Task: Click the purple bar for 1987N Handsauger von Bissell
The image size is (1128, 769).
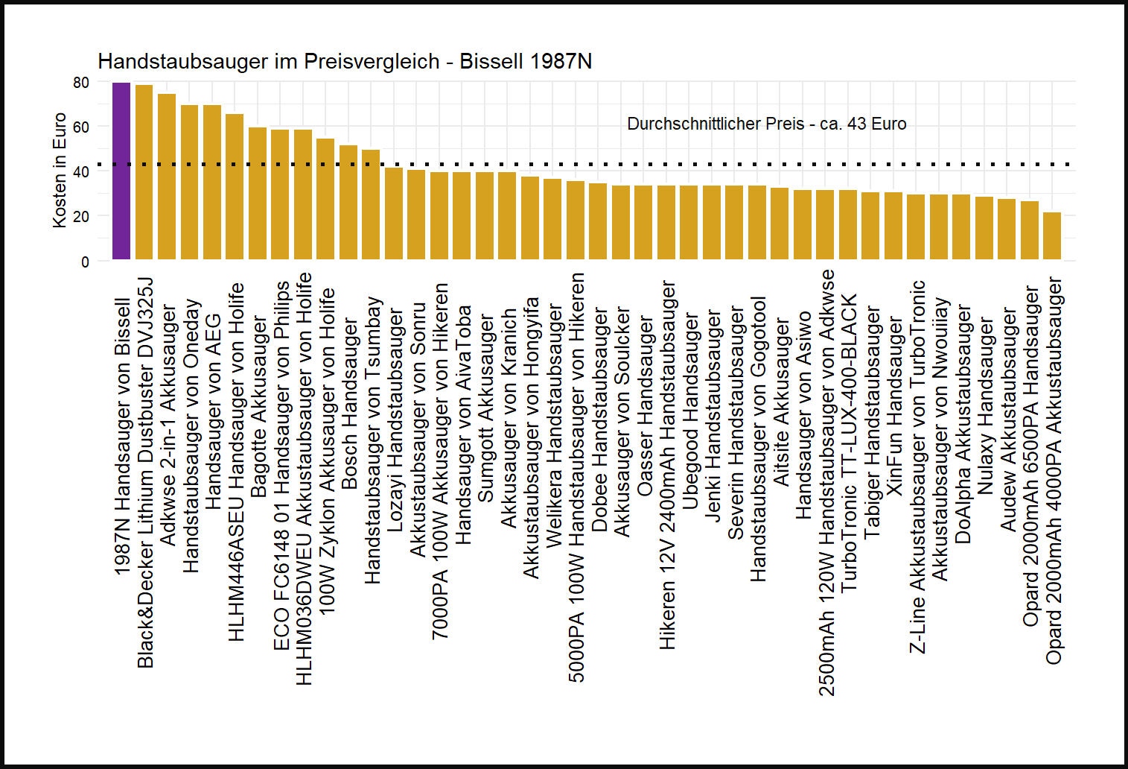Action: (121, 171)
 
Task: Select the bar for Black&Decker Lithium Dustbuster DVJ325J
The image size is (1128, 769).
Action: (144, 173)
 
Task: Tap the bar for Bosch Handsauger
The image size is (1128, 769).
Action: (348, 203)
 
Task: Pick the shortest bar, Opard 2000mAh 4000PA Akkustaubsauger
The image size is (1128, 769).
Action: (1052, 236)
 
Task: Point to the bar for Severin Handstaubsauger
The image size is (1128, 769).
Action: (734, 223)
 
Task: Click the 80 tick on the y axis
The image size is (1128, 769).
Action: (81, 83)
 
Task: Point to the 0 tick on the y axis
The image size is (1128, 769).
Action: (85, 262)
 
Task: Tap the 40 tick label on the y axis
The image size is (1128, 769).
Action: (81, 172)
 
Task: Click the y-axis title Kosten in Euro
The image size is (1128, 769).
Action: (60, 171)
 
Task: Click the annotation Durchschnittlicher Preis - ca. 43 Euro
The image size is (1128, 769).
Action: (766, 124)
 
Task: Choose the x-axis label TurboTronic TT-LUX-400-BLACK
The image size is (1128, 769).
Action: (849, 443)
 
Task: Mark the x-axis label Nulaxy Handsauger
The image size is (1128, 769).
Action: (985, 406)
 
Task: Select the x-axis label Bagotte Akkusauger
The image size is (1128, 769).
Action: (258, 407)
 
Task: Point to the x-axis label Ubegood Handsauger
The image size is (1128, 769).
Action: (690, 411)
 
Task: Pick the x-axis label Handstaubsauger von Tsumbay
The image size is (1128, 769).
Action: (372, 440)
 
